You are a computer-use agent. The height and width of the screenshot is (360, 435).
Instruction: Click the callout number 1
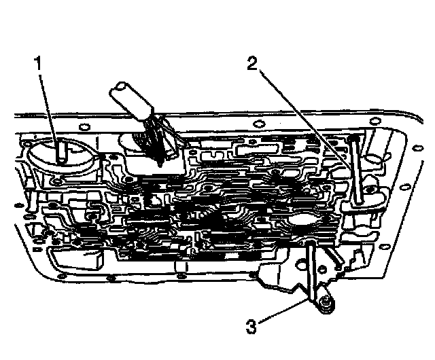click(x=40, y=65)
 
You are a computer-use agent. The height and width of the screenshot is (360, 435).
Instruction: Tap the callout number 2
click(x=252, y=65)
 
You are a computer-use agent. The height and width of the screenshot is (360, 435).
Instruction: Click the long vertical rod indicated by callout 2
click(x=355, y=170)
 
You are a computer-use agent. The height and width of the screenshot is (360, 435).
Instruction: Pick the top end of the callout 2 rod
click(x=355, y=138)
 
